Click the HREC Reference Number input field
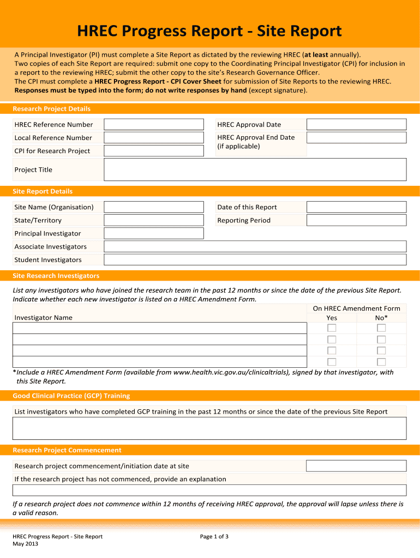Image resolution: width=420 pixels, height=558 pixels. pyautogui.click(x=153, y=125)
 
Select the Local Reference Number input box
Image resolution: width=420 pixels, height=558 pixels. pyautogui.click(x=153, y=138)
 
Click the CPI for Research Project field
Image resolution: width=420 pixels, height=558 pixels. pyautogui.click(x=153, y=151)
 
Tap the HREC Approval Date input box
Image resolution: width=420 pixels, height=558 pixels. pyautogui.click(x=356, y=125)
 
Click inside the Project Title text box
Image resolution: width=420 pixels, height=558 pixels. pyautogui.click(x=255, y=169)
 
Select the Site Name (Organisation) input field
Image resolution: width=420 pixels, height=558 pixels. pyautogui.click(x=153, y=207)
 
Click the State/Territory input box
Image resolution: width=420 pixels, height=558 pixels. pyautogui.click(x=153, y=220)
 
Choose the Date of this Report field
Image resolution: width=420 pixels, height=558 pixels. pyautogui.click(x=356, y=207)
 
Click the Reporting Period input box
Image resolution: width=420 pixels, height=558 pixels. pyautogui.click(x=356, y=220)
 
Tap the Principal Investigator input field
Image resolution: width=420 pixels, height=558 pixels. pyautogui.click(x=153, y=233)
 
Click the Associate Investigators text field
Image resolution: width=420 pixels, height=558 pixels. pyautogui.click(x=255, y=246)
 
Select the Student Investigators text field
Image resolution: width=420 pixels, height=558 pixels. pyautogui.click(x=255, y=260)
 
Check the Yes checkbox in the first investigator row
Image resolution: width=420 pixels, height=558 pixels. pyautogui.click(x=332, y=328)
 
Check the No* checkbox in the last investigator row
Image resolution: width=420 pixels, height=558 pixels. pyautogui.click(x=381, y=362)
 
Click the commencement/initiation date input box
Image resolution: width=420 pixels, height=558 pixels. pyautogui.click(x=356, y=466)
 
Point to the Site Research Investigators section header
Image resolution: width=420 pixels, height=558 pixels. pyautogui.click(x=56, y=276)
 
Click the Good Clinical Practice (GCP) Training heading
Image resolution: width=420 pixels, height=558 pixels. pyautogui.click(x=71, y=396)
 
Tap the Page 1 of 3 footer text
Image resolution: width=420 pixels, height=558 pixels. pyautogui.click(x=214, y=537)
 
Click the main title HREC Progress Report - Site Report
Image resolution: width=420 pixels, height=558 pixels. pyautogui.click(x=209, y=32)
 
